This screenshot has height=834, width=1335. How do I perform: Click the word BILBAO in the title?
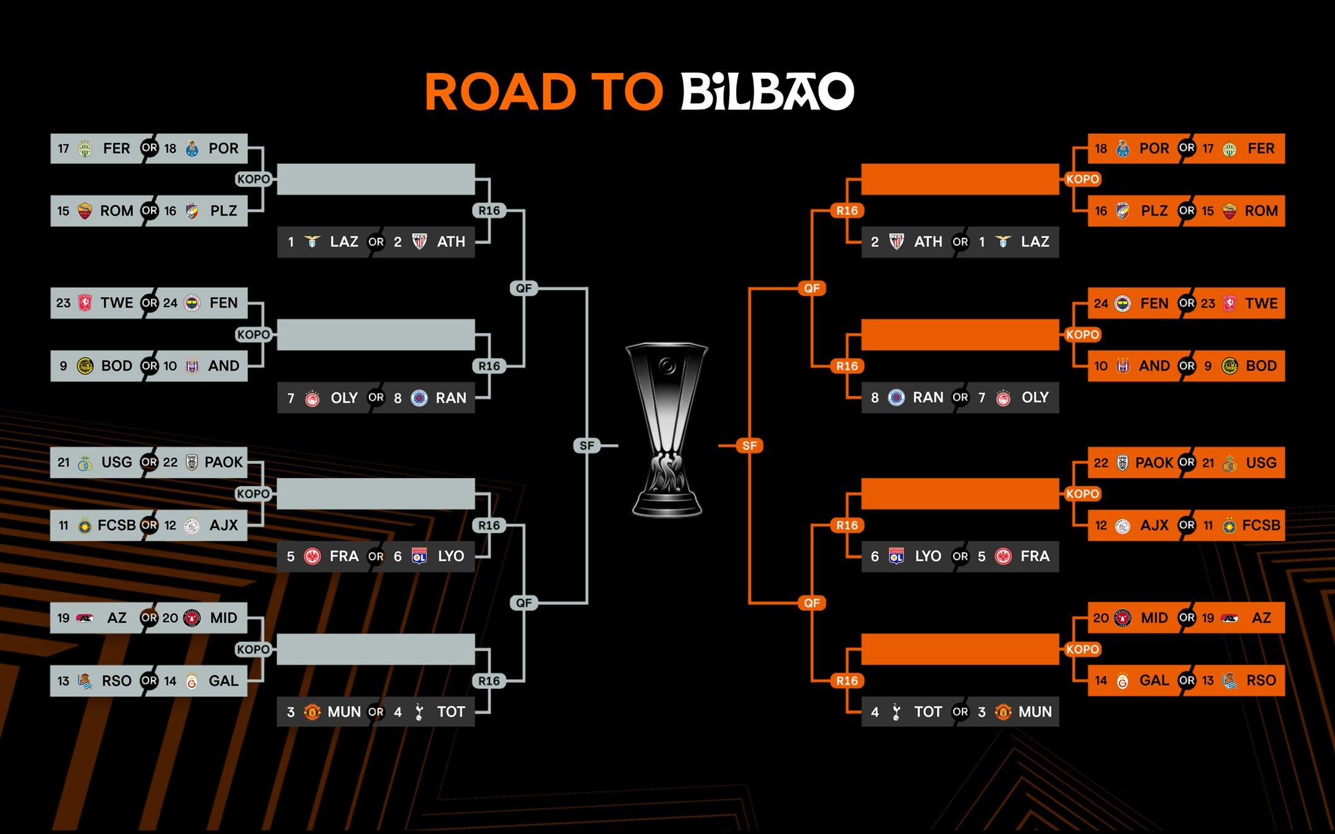(767, 91)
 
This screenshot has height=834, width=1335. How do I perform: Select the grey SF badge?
(587, 445)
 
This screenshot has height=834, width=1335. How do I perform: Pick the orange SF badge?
(749, 445)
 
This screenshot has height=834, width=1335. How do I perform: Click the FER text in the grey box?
(116, 148)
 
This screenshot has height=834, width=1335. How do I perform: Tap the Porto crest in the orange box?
(1123, 148)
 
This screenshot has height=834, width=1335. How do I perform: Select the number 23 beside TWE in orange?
(1208, 303)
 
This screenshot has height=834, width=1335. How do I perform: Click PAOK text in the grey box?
(223, 462)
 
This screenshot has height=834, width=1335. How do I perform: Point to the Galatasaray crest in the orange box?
(1123, 681)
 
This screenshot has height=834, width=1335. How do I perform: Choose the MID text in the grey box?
(223, 618)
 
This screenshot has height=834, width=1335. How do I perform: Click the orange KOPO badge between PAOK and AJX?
(1082, 494)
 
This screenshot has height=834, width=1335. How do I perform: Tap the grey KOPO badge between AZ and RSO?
(253, 649)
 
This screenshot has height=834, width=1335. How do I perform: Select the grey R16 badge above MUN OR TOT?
(489, 681)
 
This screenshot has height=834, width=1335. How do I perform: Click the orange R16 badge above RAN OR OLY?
(847, 366)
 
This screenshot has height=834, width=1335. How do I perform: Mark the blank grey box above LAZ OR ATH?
(376, 179)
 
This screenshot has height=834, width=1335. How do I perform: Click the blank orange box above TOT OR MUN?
(960, 649)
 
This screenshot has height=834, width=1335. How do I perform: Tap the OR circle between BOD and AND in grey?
(149, 366)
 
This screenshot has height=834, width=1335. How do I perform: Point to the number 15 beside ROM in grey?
(63, 211)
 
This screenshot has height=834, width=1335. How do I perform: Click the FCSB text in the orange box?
(1261, 525)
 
